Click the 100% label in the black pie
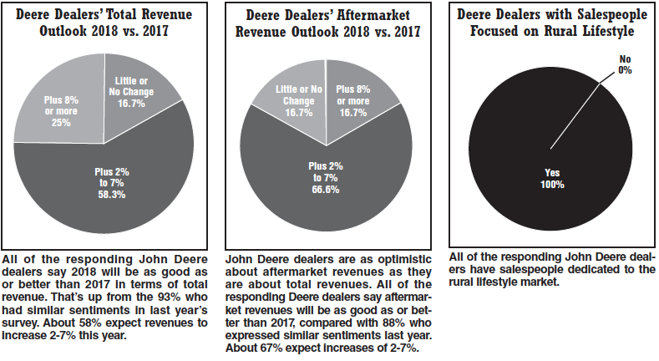tap(550, 184)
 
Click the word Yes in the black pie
tap(550, 173)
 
